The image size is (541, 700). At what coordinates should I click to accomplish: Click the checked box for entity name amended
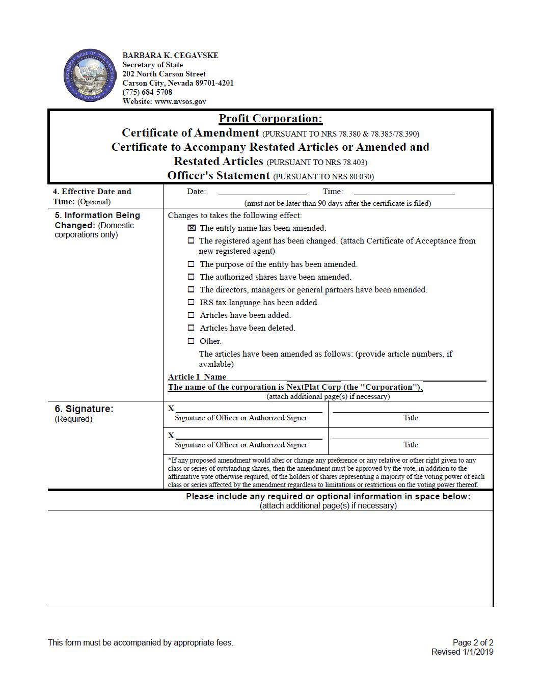[x=192, y=228]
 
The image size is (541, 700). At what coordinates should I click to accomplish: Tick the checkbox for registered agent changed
[x=191, y=241]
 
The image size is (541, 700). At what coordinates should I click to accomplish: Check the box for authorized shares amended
[x=191, y=277]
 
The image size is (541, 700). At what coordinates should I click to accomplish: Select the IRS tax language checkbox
[x=191, y=303]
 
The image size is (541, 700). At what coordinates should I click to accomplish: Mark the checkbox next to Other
[x=191, y=341]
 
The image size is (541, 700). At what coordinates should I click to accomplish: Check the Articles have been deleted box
[x=191, y=328]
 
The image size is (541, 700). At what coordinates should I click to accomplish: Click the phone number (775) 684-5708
[x=147, y=92]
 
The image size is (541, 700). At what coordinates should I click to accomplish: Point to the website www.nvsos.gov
[x=180, y=101]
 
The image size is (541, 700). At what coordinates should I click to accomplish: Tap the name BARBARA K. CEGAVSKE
[x=170, y=56]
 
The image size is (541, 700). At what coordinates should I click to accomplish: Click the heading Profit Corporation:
[x=270, y=119]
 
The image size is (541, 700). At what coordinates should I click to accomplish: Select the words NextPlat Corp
[x=313, y=387]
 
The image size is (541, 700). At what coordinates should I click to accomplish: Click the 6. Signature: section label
[x=84, y=409]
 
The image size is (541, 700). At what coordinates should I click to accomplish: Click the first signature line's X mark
[x=171, y=409]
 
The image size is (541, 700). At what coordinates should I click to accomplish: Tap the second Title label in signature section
[x=411, y=445]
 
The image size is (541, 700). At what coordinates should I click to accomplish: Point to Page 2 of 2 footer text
[x=473, y=642]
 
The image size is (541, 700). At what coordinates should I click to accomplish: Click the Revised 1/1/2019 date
[x=462, y=652]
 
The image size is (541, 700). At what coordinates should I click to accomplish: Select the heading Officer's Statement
[x=219, y=176]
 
